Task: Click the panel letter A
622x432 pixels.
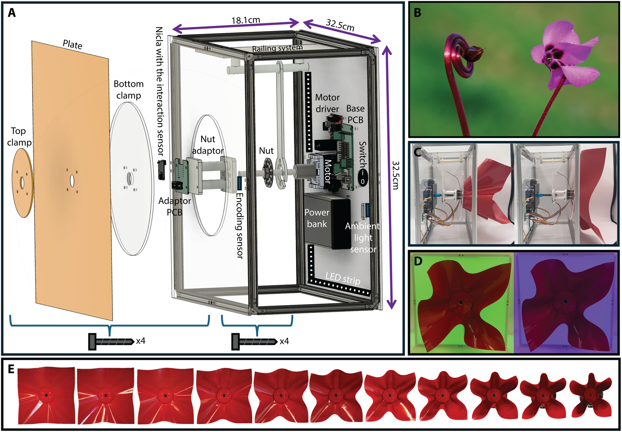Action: [x=12, y=13]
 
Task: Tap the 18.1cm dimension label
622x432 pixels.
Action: [x=246, y=20]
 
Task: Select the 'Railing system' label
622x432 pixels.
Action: [x=277, y=48]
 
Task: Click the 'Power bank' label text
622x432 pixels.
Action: [x=317, y=218]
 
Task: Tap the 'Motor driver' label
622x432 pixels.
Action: [x=327, y=103]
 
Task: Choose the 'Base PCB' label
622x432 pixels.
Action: [x=355, y=114]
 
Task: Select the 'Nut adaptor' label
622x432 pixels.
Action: [x=208, y=145]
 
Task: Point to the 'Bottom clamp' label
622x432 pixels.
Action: [x=128, y=90]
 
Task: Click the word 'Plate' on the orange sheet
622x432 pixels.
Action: [x=72, y=44]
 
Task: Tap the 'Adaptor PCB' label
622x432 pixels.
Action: [x=175, y=206]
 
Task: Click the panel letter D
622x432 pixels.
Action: [x=418, y=261]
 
